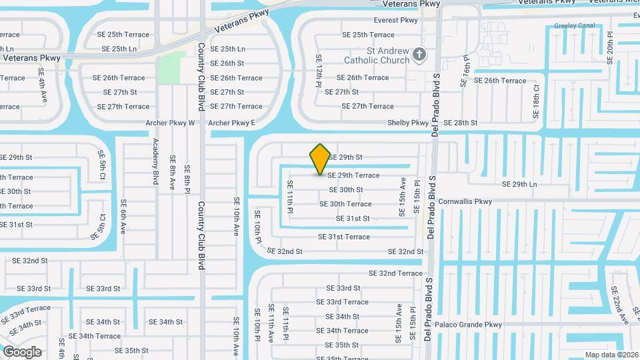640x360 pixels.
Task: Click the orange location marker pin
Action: pos(320,159)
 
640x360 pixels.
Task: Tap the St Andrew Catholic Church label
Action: pos(372,55)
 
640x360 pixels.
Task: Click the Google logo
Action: pos(22,351)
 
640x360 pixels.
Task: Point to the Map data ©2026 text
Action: pos(611,355)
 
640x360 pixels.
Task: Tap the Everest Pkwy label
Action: pos(396,21)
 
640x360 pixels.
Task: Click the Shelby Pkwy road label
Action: pos(409,123)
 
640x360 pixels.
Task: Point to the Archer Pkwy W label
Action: pos(170,123)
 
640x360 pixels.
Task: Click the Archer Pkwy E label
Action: pos(231,123)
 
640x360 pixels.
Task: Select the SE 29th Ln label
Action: pos(519,184)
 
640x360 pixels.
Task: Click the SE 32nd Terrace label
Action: pos(395,273)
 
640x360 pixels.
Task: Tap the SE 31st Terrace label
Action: pos(343,237)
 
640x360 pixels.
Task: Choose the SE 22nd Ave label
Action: pos(619,305)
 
